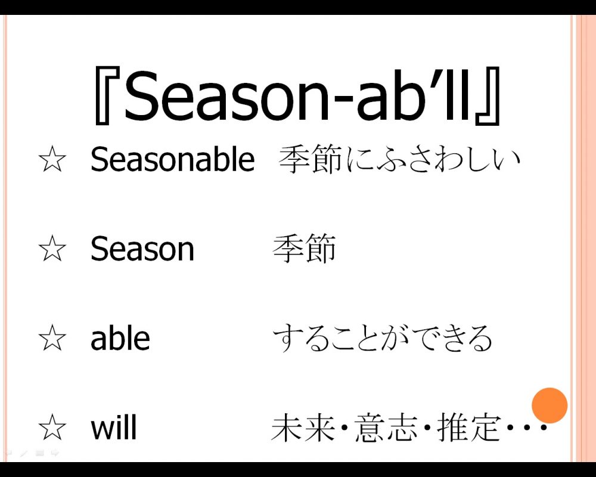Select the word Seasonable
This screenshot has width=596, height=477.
tap(173, 159)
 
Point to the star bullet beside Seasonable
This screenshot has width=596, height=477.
tap(52, 159)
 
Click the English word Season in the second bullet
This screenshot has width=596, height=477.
tap(142, 249)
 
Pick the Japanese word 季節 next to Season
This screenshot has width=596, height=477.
tap(305, 249)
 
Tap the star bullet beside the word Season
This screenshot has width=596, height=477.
tap(52, 248)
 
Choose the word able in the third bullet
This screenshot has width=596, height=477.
tap(120, 337)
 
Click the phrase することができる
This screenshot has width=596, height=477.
tap(383, 338)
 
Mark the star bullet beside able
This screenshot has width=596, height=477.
tap(52, 337)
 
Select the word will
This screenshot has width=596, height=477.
tap(113, 427)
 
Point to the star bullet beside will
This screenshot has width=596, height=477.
tap(52, 427)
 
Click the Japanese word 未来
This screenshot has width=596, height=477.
tap(303, 428)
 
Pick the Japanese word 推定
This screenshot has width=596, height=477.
tap(468, 428)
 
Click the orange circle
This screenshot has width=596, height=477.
tap(550, 405)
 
